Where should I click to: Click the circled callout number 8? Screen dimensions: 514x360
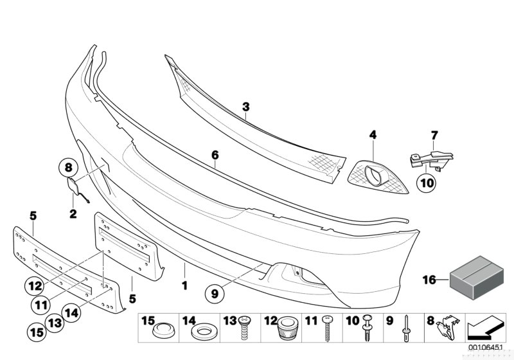click(x=68, y=168)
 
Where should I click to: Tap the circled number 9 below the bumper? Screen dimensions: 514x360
click(x=215, y=293)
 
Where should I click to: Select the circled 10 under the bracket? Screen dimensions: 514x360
click(x=427, y=183)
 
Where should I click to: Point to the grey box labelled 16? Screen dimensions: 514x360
click(x=477, y=277)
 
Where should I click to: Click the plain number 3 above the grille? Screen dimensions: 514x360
click(x=246, y=107)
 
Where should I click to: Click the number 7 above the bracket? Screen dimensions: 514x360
click(x=434, y=135)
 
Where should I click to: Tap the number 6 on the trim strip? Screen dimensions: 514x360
click(x=215, y=155)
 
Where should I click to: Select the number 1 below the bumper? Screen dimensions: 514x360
click(x=185, y=285)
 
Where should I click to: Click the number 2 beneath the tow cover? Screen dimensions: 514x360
click(x=73, y=214)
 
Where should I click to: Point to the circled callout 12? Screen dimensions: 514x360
click(x=35, y=286)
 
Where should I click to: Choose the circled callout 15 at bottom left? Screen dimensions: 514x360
click(x=37, y=332)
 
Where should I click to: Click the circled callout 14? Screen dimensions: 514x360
click(x=71, y=312)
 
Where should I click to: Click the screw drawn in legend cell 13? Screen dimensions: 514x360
click(x=244, y=328)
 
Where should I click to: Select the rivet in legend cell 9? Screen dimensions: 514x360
click(x=406, y=328)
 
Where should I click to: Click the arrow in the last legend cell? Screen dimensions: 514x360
click(x=484, y=327)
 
